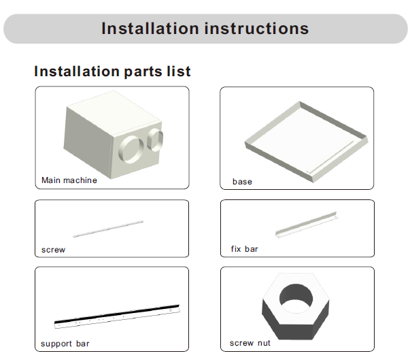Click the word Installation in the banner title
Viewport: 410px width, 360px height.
[x=150, y=29]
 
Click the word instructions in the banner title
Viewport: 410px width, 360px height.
[x=256, y=29]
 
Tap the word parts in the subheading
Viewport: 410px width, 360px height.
[x=143, y=72]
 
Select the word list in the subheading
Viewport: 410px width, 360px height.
[x=179, y=71]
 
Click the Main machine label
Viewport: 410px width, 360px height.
[x=69, y=180]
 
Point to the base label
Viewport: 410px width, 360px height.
[x=242, y=182]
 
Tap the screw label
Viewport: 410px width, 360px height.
[x=53, y=250]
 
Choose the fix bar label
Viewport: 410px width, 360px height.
[x=244, y=249]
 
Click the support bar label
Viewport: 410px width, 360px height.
[x=65, y=344]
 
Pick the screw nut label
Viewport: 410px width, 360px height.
[x=250, y=343]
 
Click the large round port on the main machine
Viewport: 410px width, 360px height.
[x=131, y=149]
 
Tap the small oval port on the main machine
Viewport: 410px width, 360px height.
[x=155, y=140]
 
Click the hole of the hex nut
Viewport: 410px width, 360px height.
[x=296, y=298]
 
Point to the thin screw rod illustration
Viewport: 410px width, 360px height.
[x=108, y=229]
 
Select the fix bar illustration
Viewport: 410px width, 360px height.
[x=306, y=225]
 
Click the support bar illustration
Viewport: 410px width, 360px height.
[x=117, y=316]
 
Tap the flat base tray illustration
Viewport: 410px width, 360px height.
[x=307, y=142]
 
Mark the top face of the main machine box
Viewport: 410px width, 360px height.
[x=114, y=110]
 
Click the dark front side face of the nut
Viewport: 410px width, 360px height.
[x=296, y=331]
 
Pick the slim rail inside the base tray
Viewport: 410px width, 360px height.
[x=330, y=157]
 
